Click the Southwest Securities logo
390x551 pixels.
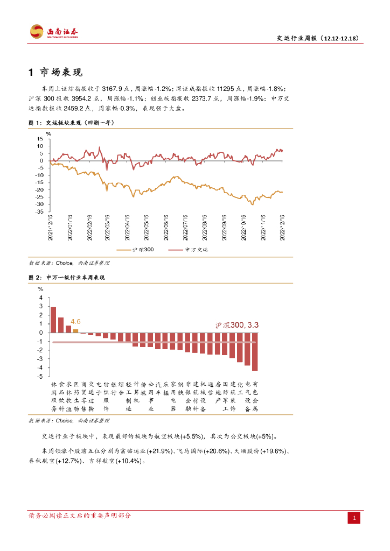(53, 32)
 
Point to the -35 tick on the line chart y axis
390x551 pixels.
(40, 211)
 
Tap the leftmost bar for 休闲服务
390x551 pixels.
(53, 320)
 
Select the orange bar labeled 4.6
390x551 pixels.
(75, 331)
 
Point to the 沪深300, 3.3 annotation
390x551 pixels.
(237, 325)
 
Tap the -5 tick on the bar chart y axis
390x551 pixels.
(40, 377)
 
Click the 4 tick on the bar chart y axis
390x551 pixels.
(40, 298)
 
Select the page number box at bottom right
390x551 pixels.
(354, 518)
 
